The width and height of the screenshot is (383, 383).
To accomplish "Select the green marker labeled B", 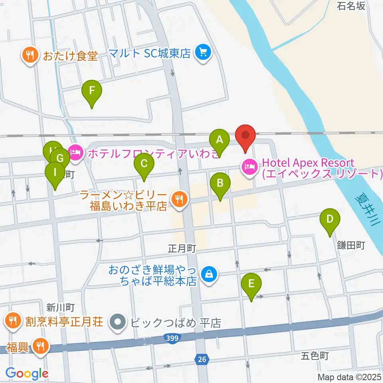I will click(220, 184).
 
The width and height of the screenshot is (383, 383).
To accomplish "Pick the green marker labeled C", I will click(144, 164).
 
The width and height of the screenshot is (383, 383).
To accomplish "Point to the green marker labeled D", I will click(330, 220).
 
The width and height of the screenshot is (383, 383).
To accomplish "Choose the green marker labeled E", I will click(251, 284).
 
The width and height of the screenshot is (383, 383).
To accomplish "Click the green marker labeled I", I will click(55, 173).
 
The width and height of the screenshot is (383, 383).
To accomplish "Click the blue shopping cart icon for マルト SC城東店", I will click(203, 53).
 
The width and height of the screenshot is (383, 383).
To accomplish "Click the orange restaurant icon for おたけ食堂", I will click(30, 55).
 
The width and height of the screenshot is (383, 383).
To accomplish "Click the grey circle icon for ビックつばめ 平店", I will click(117, 322).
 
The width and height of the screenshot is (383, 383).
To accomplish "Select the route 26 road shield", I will click(202, 360).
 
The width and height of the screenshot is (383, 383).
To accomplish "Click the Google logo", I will click(27, 373).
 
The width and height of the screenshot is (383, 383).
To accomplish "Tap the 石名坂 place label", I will click(351, 6).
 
